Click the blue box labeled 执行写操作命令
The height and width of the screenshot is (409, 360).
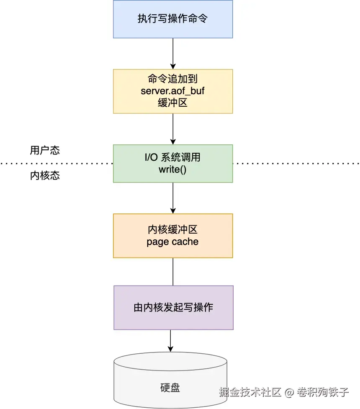click(173, 19)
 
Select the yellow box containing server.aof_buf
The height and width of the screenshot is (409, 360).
click(173, 91)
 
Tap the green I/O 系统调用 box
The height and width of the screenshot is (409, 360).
click(173, 164)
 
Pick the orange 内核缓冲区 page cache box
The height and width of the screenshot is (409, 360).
click(173, 236)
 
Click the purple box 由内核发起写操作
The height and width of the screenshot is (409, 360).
click(173, 308)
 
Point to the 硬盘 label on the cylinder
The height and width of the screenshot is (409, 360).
click(170, 388)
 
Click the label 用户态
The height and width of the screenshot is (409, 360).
click(45, 150)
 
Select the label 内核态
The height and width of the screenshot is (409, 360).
click(45, 175)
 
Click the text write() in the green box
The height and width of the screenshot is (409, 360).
click(172, 170)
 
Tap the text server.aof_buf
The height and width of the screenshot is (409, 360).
click(172, 91)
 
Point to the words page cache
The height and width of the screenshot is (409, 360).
click(172, 242)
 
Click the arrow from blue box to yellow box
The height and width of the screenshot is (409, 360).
click(173, 54)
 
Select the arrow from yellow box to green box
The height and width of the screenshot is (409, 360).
click(173, 129)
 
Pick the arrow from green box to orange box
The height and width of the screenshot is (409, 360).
click(173, 198)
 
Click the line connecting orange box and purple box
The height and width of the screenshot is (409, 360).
click(173, 272)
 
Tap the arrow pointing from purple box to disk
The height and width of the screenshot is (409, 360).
click(170, 341)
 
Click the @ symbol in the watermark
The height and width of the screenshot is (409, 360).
click(289, 392)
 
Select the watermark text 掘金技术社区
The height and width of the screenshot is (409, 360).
click(250, 392)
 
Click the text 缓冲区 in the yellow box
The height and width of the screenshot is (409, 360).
click(172, 103)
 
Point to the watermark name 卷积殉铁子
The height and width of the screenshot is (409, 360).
click(323, 392)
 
